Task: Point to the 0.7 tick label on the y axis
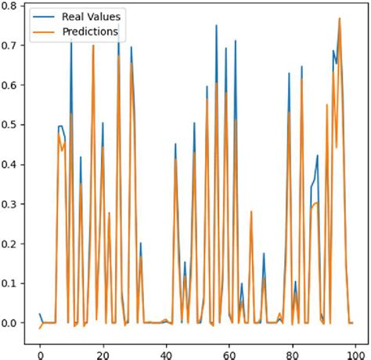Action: point(11,45)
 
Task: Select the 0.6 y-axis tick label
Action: point(11,85)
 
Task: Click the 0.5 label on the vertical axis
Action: point(11,124)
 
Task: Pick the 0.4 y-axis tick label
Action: point(11,164)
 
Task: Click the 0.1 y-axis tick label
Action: point(11,283)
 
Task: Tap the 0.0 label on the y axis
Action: point(11,322)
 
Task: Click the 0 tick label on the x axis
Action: point(40,352)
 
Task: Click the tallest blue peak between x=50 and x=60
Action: point(217,26)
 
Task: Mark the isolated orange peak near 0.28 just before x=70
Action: point(251,212)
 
